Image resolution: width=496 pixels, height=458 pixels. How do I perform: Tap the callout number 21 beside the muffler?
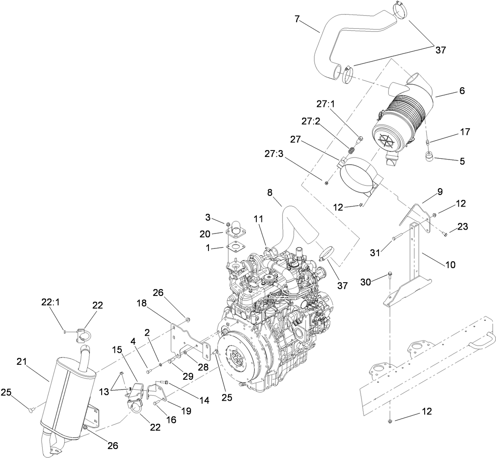tap(22, 362)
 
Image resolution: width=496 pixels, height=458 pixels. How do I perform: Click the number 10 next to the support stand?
tap(450, 265)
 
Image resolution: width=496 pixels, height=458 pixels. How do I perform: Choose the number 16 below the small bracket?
tap(171, 420)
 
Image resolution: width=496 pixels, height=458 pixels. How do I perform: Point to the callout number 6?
tap(450, 91)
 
